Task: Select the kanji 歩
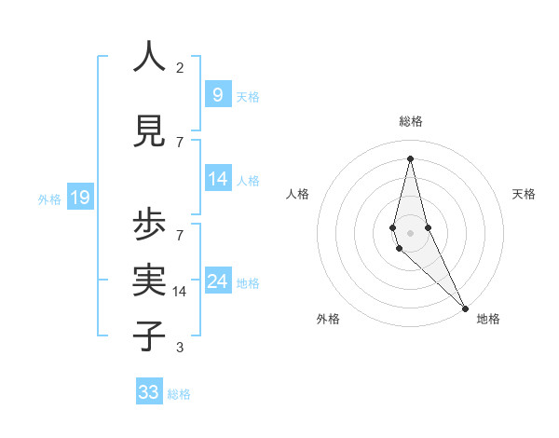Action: tap(150, 226)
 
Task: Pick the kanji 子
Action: tap(150, 335)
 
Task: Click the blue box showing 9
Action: tap(217, 95)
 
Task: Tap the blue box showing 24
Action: tap(218, 281)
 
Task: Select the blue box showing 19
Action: tap(79, 198)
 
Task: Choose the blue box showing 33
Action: tap(149, 392)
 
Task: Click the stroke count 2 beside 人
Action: tap(180, 68)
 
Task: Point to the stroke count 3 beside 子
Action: tap(180, 348)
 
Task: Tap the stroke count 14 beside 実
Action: tap(181, 292)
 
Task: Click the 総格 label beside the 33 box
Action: tap(179, 394)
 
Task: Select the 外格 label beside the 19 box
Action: tap(48, 198)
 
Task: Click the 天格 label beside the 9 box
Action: tap(248, 97)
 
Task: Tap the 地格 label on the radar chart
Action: tap(488, 319)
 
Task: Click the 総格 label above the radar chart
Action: tap(410, 121)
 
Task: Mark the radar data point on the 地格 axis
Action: tap(464, 307)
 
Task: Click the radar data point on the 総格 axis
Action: tap(410, 157)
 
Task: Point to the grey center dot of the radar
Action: tap(410, 232)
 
